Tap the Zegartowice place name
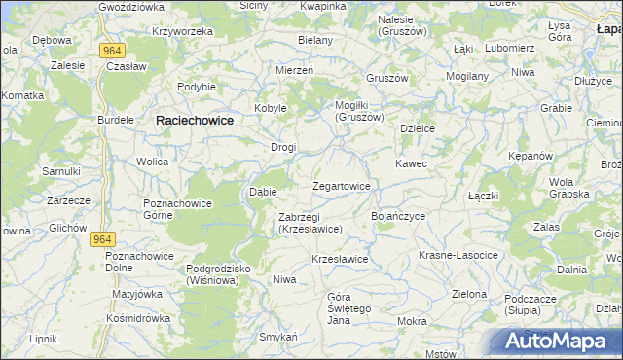click(x=341, y=186)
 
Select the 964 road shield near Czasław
click(x=110, y=49)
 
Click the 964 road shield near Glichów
click(x=101, y=238)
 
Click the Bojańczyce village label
click(x=398, y=215)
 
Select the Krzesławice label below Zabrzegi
click(x=339, y=259)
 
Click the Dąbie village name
click(x=264, y=192)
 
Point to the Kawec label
click(x=411, y=163)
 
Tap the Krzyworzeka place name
click(x=182, y=31)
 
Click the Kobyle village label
click(x=270, y=108)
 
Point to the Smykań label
click(x=277, y=337)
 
